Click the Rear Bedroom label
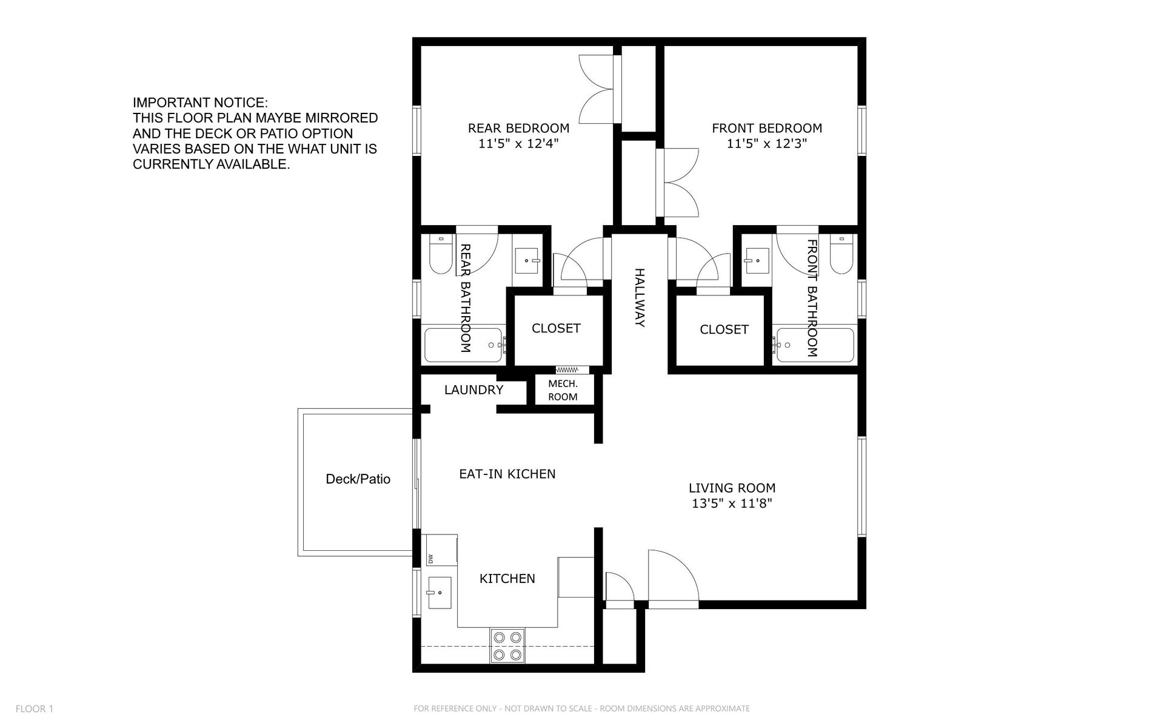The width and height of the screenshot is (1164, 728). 518,128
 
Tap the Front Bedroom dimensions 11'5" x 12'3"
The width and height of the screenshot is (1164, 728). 767,144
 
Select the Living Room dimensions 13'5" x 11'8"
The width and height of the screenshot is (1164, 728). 732,504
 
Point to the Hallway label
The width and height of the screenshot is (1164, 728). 639,297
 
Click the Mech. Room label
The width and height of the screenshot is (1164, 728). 563,390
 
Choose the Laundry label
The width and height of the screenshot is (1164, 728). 473,390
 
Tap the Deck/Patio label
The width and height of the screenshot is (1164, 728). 358,479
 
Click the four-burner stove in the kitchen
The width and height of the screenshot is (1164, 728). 507,646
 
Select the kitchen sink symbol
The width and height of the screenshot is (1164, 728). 439,593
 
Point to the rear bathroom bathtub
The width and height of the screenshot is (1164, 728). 464,345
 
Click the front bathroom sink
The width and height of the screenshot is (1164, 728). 757,261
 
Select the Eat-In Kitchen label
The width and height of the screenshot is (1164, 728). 507,474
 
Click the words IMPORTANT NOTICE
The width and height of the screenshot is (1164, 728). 200,103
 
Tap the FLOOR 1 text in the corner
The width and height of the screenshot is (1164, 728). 35,709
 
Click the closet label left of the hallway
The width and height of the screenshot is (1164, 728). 556,328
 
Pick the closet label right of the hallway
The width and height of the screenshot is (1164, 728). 724,329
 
